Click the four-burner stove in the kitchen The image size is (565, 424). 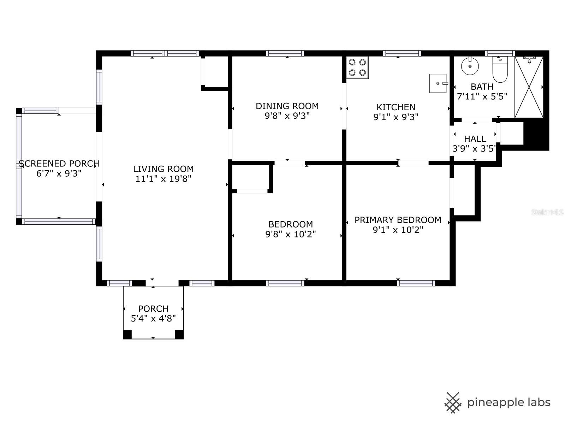pos(357,67)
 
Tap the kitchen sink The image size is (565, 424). pos(438,83)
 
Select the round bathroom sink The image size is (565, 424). pos(470,66)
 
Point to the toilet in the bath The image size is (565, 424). pos(500,69)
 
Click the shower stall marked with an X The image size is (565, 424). pos(529,87)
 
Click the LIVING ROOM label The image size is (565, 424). pos(163,169)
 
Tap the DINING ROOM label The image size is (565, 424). pos(287,106)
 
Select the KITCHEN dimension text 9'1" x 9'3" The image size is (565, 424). pos(396,117)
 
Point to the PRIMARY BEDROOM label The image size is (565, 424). pos(398,220)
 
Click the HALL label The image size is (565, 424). pos(475,139)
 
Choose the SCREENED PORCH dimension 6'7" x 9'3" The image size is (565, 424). pos(59,173)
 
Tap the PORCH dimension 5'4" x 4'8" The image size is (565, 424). pos(153,319)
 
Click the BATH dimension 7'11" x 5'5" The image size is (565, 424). pos(482,96)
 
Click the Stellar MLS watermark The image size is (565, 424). pos(547,212)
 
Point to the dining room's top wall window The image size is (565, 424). pos(285,53)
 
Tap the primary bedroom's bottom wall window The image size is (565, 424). pos(416,283)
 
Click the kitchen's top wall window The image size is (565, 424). pos(402,53)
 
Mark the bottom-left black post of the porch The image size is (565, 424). pos(127,334)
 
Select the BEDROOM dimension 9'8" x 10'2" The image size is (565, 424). pos(291,234)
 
